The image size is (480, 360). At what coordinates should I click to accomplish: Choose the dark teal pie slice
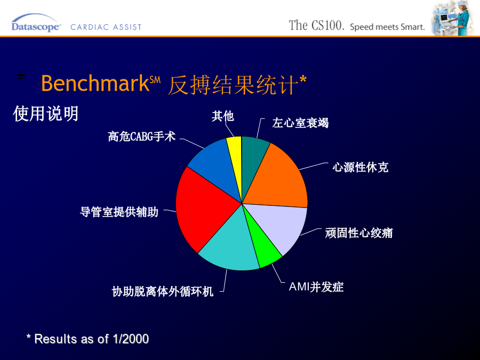pyautogui.click(x=253, y=159)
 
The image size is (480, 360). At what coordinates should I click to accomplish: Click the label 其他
pyautogui.click(x=223, y=116)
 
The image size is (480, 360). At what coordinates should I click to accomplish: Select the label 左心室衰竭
pyautogui.click(x=300, y=123)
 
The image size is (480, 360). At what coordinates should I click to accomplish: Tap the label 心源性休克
pyautogui.click(x=361, y=167)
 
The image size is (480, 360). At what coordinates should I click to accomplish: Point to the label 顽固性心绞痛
pyautogui.click(x=359, y=233)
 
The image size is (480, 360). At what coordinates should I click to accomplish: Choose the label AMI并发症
pyautogui.click(x=316, y=287)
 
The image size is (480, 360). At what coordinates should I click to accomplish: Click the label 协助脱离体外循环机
pyautogui.click(x=163, y=291)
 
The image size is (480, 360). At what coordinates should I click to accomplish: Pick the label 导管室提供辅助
pyautogui.click(x=119, y=212)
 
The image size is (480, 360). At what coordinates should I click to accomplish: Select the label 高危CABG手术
pyautogui.click(x=142, y=137)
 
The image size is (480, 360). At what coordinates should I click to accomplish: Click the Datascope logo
pyautogui.click(x=36, y=24)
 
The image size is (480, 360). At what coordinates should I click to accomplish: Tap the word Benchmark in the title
pyautogui.click(x=95, y=83)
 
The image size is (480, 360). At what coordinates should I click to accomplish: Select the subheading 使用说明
pyautogui.click(x=46, y=114)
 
